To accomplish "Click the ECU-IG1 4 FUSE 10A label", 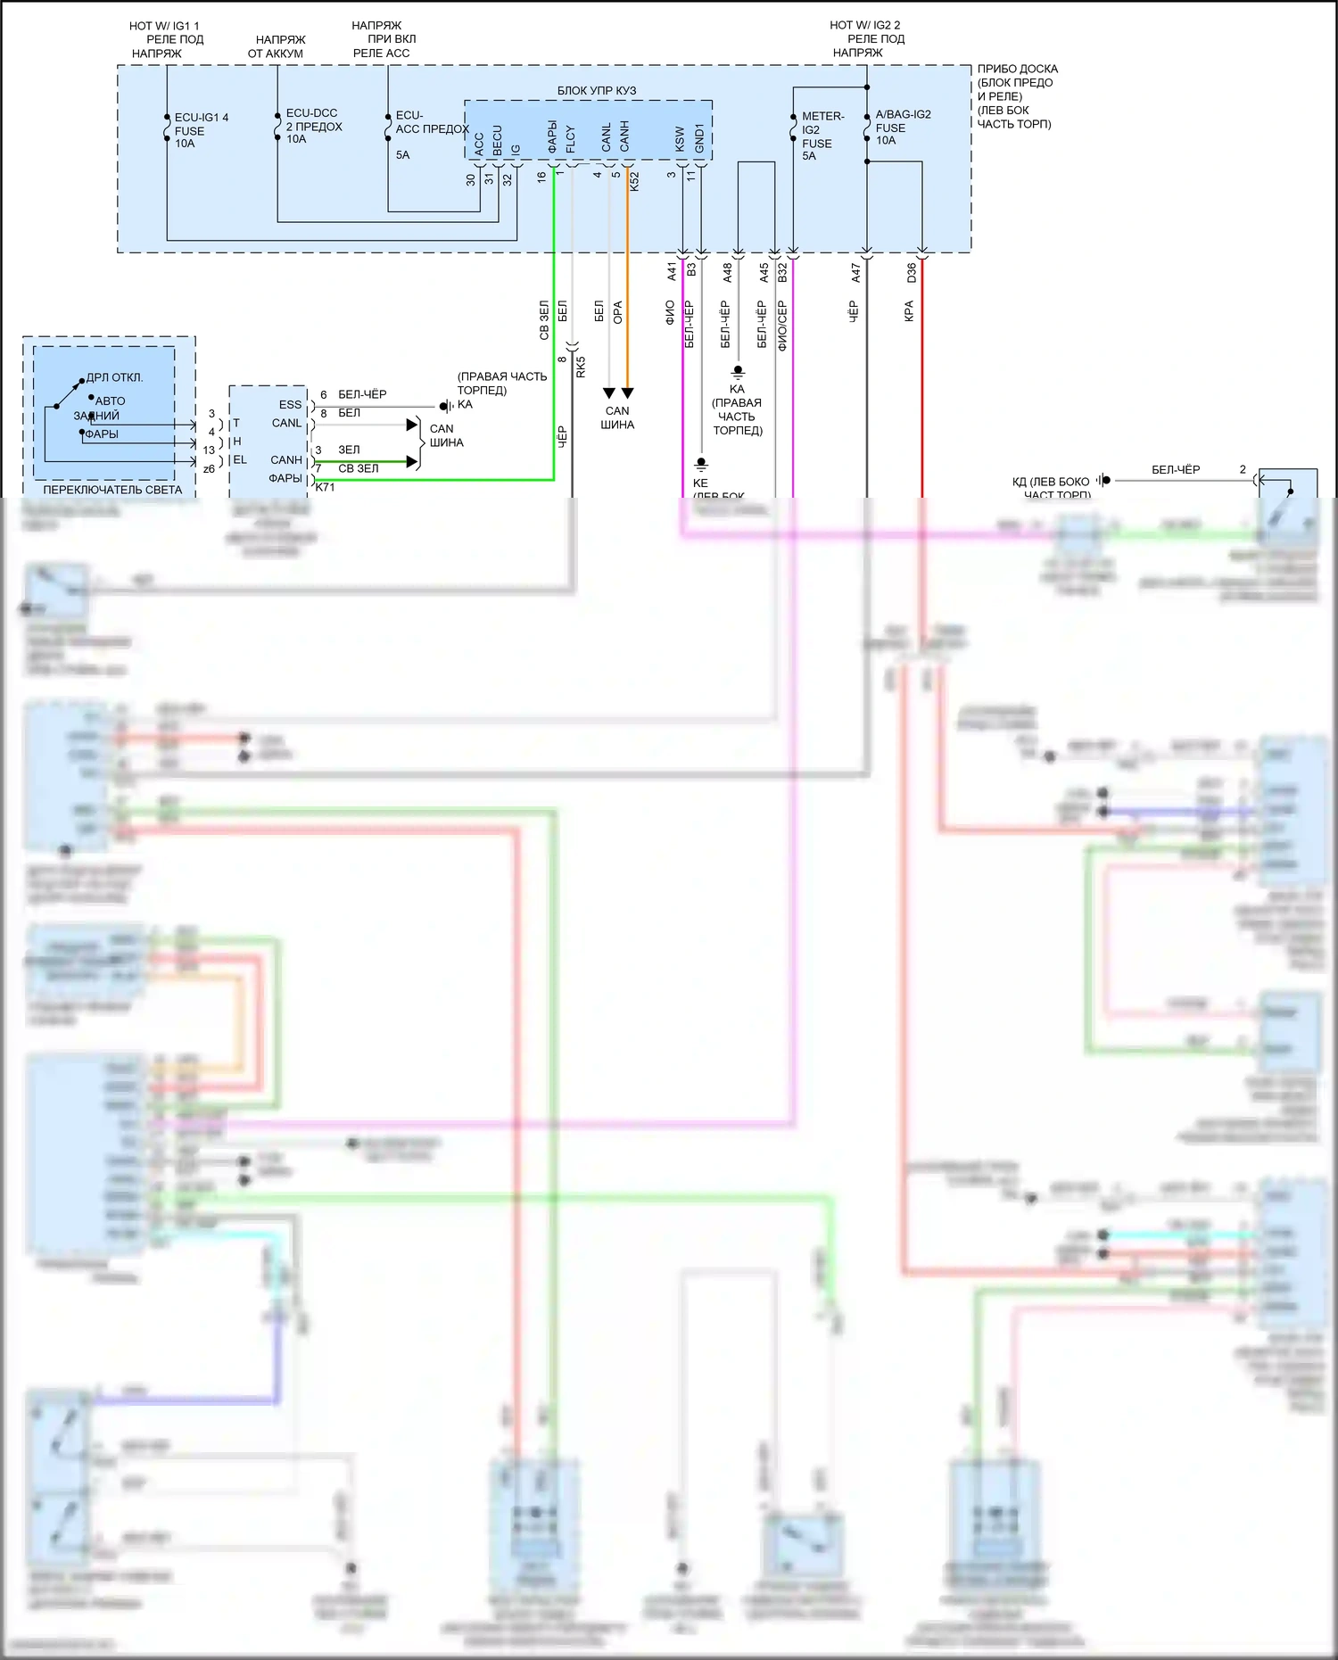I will pyautogui.click(x=201, y=130).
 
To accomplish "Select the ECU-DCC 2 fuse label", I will pyautogui.click(x=313, y=126).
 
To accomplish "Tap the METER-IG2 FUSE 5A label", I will pyautogui.click(x=822, y=136).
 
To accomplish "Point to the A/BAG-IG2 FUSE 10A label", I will pyautogui.click(x=902, y=127).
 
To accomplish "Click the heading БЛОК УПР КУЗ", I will pyautogui.click(x=597, y=91).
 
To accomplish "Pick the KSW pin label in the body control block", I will pyautogui.click(x=680, y=137).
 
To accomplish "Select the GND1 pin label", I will pyautogui.click(x=699, y=137).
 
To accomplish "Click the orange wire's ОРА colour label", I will pyautogui.click(x=617, y=312).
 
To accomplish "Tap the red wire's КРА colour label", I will pyautogui.click(x=909, y=311).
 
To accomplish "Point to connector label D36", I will pyautogui.click(x=912, y=272).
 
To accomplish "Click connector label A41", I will pyautogui.click(x=673, y=272).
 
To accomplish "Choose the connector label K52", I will pyautogui.click(x=634, y=181).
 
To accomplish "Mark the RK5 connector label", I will pyautogui.click(x=581, y=367).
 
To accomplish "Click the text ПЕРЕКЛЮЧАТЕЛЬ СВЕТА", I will pyautogui.click(x=112, y=490).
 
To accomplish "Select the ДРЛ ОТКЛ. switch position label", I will pyautogui.click(x=114, y=377).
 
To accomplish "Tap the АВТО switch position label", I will pyautogui.click(x=111, y=401).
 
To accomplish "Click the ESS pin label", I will pyautogui.click(x=290, y=404).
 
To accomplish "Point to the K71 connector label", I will pyautogui.click(x=325, y=487).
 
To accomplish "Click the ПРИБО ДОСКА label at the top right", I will pyautogui.click(x=1017, y=69).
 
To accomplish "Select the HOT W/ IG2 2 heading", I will pyautogui.click(x=864, y=25).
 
